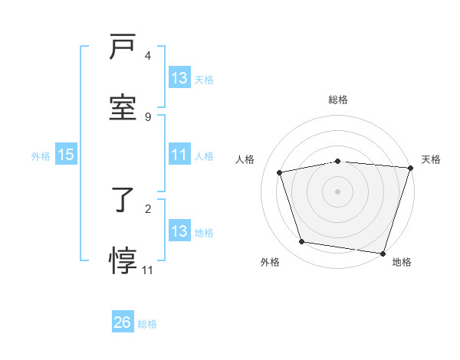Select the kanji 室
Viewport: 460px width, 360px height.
(x=123, y=106)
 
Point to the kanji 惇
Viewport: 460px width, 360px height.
(x=123, y=260)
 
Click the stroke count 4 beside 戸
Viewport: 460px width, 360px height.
(x=148, y=56)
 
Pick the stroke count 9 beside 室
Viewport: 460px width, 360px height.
(x=148, y=116)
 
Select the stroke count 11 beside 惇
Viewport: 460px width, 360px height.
(x=148, y=270)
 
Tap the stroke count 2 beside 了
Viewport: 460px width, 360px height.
(x=148, y=208)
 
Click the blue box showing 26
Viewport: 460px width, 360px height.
(x=123, y=322)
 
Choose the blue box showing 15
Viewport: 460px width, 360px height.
(x=66, y=155)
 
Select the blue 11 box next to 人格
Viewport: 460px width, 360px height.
(x=179, y=155)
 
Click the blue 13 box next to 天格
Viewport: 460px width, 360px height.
(x=179, y=78)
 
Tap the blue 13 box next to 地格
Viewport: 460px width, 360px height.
(x=179, y=231)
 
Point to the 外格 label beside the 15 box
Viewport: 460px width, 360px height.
(x=41, y=155)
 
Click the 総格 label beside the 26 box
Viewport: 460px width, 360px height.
(x=147, y=323)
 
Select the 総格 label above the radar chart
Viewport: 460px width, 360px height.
(x=337, y=100)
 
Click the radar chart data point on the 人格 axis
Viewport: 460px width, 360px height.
(x=280, y=172)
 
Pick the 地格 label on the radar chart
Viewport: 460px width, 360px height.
(x=402, y=262)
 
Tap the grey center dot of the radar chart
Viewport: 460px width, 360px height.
(x=337, y=191)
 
